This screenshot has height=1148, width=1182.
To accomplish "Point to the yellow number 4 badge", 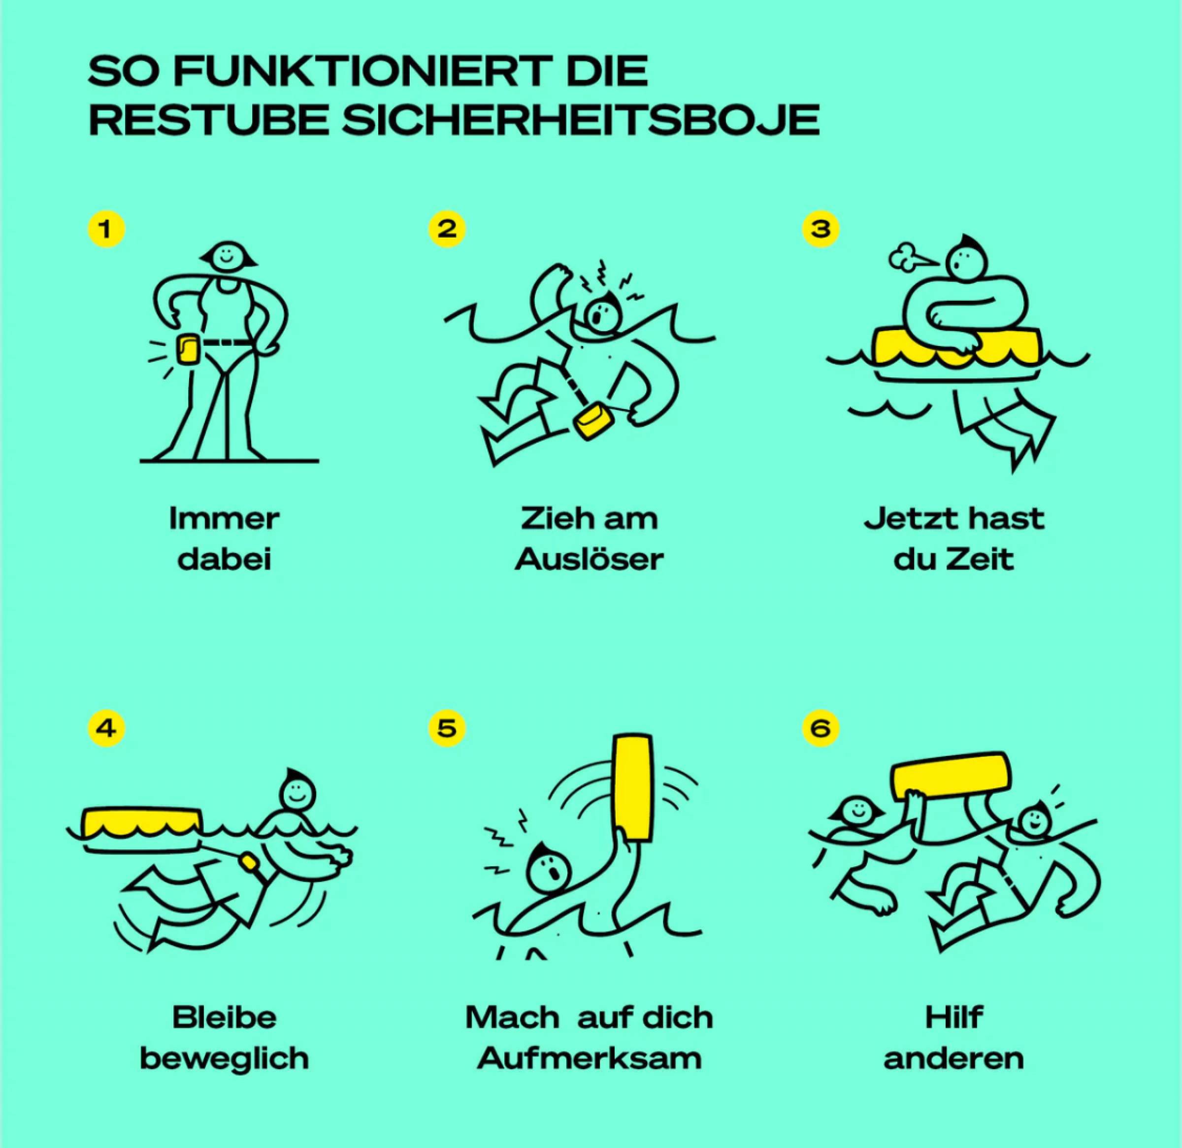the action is coord(106,728).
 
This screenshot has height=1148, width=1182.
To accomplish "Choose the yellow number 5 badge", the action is coord(447,728).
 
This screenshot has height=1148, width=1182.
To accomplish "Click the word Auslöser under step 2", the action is coord(589,559).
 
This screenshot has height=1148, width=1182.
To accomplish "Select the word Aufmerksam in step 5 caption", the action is coord(589,1058).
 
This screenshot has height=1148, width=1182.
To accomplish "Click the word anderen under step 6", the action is coord(954,1059).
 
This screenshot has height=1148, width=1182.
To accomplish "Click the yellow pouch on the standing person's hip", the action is coord(188,349).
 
